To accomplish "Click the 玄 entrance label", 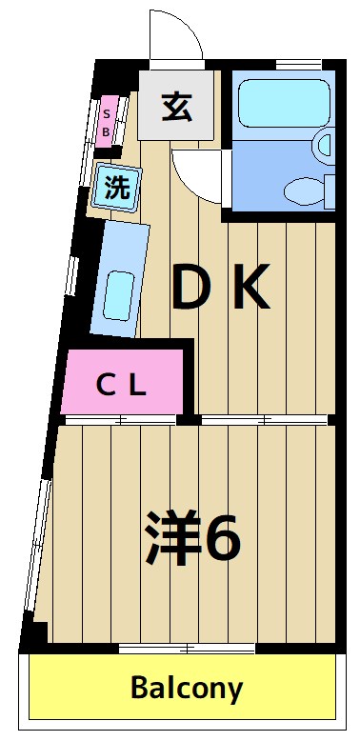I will [177, 107].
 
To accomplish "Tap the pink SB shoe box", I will [108, 120].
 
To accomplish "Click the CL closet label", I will [122, 386].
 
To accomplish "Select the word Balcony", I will [187, 687].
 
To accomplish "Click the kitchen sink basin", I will [119, 296].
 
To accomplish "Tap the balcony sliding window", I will [187, 650].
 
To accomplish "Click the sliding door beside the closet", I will [121, 419].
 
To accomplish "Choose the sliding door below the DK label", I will [264, 419].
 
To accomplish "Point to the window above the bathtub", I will [286, 64].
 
